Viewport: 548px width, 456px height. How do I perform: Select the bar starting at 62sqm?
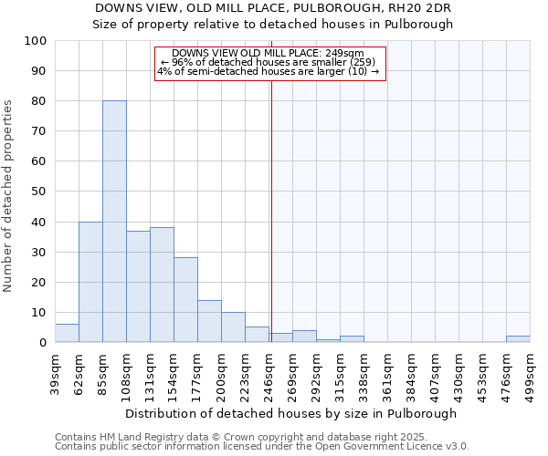[x=90, y=282]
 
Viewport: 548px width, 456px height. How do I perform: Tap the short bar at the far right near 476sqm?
[x=518, y=339]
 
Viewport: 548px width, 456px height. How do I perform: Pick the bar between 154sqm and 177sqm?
[x=185, y=300]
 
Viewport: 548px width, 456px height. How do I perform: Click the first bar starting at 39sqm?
[x=67, y=334]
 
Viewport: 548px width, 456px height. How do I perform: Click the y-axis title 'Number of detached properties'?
[x=9, y=196]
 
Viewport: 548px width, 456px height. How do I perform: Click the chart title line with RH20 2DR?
[x=273, y=8]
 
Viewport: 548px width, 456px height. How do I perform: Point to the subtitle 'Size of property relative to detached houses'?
[x=273, y=25]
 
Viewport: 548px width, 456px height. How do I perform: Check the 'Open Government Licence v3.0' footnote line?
[x=262, y=447]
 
